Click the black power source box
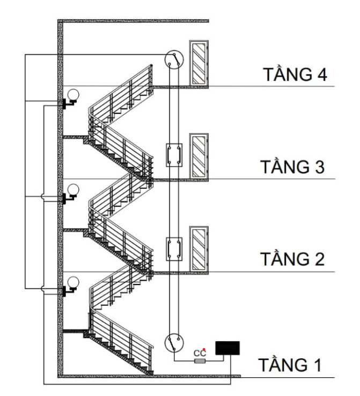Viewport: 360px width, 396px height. pyautogui.click(x=227, y=348)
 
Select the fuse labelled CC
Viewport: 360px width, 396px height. pyautogui.click(x=200, y=361)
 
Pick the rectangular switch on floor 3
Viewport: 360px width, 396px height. pyautogui.click(x=173, y=155)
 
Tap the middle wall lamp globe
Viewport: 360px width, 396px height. pyautogui.click(x=73, y=189)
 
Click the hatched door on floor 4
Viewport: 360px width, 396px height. pyautogui.click(x=200, y=63)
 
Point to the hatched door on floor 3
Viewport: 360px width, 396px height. pyautogui.click(x=200, y=156)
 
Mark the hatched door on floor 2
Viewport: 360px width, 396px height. pyautogui.click(x=200, y=248)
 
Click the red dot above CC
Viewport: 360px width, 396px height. pyautogui.click(x=204, y=350)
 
